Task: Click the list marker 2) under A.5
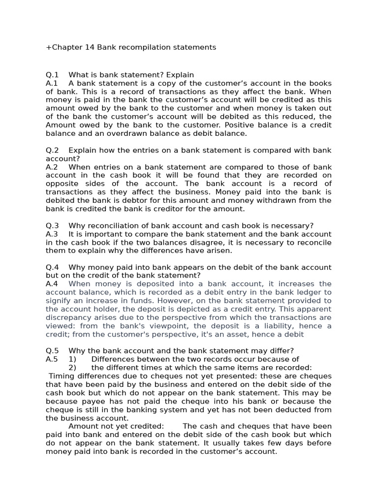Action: point(72,368)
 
